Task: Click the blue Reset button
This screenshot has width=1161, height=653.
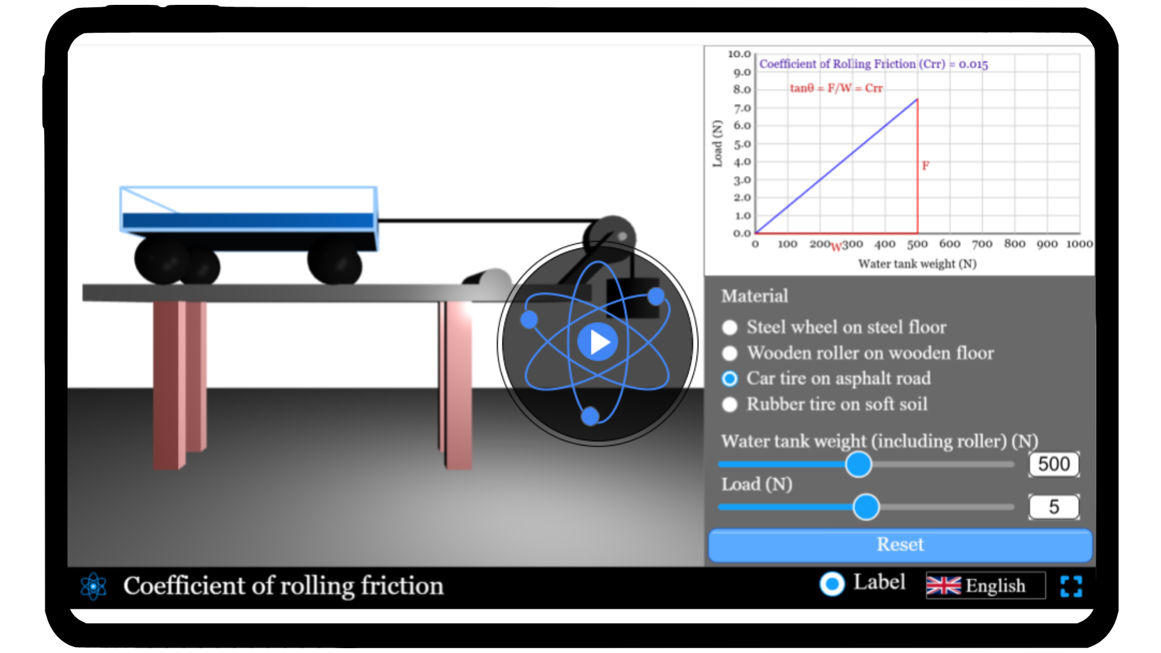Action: point(900,545)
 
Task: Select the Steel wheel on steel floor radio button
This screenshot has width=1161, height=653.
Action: point(730,328)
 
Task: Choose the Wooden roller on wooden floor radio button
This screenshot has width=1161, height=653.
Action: point(730,353)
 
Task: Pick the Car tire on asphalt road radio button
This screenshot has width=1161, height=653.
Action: point(730,379)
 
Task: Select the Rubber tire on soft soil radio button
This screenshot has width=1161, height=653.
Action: point(730,404)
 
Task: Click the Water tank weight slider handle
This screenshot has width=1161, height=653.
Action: point(858,464)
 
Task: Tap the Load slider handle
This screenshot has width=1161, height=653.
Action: point(866,507)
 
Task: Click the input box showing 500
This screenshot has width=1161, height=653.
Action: point(1053,464)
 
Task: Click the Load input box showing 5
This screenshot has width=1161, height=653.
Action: point(1053,507)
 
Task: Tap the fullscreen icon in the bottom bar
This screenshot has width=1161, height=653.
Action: point(1071,586)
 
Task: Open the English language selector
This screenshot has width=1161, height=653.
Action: point(985,585)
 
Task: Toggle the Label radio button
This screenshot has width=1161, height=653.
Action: point(832,584)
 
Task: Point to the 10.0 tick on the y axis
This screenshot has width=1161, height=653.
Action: point(739,54)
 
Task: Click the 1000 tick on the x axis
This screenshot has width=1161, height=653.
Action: point(1079,244)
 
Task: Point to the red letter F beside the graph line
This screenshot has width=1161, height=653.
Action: point(925,166)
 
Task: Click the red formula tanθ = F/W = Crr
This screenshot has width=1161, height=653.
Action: point(836,88)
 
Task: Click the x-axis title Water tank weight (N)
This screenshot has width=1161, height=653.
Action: point(917,264)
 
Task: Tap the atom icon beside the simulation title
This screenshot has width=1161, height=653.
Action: point(94,586)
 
